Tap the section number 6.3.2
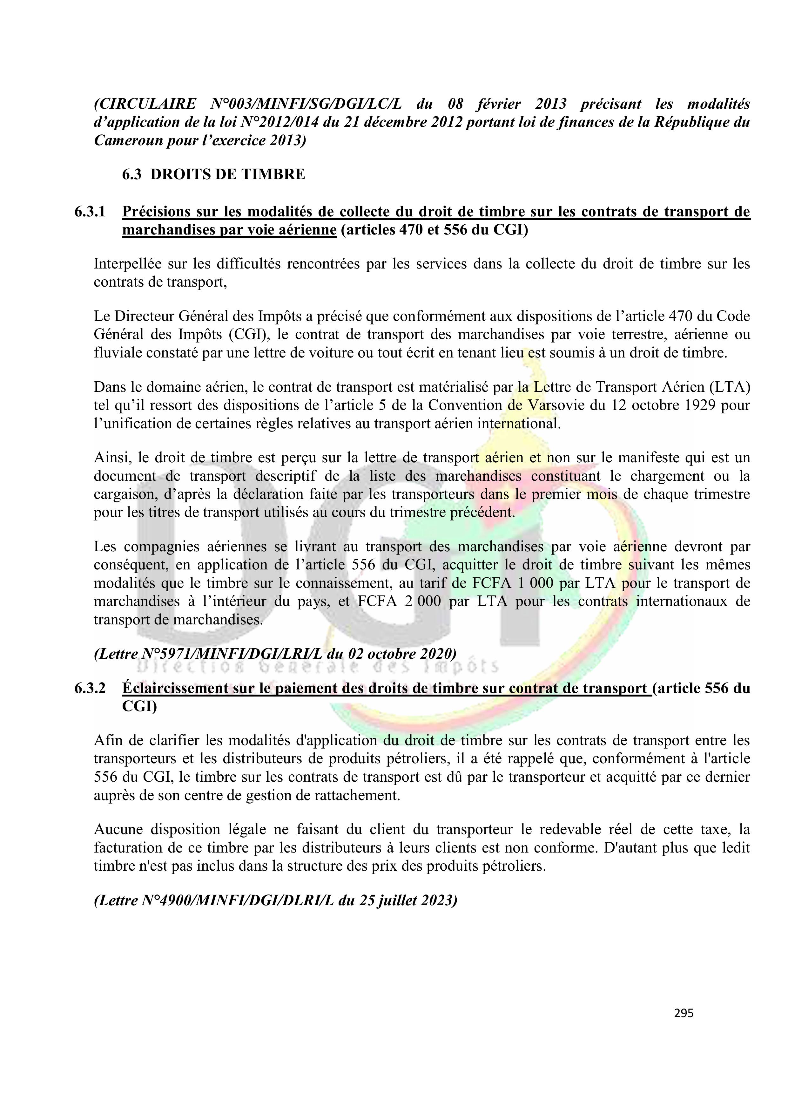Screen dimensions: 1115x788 90,688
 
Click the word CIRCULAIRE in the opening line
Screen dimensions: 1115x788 146,104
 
